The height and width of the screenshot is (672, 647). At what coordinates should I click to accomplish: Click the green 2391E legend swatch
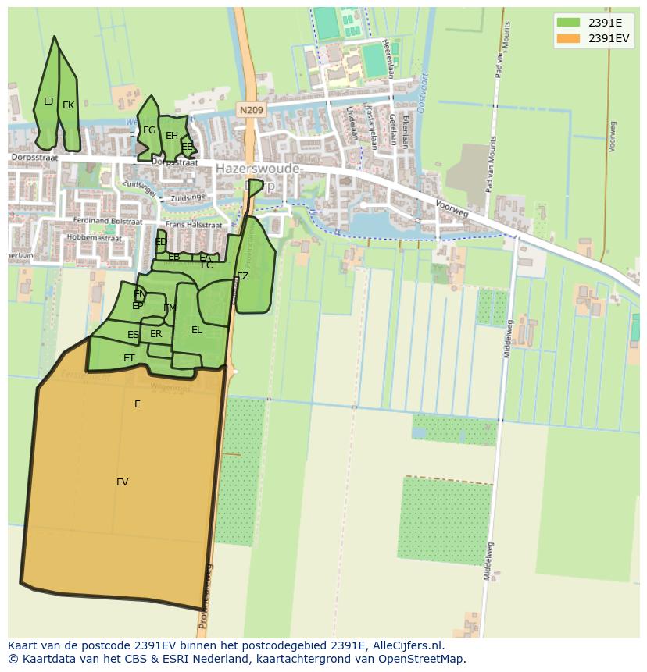click(x=569, y=23)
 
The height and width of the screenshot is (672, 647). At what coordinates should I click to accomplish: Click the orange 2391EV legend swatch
click(x=569, y=38)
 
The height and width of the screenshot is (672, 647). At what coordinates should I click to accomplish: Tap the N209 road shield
click(x=251, y=111)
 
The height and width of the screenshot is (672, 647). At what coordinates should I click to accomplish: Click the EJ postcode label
click(x=48, y=101)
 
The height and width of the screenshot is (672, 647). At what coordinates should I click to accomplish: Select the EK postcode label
click(x=68, y=105)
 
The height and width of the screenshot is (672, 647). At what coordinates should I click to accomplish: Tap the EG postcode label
click(x=148, y=130)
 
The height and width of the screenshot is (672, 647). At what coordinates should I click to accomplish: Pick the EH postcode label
click(x=171, y=136)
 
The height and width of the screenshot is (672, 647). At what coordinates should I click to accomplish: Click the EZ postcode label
click(x=242, y=276)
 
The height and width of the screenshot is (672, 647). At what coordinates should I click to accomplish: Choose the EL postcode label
click(x=197, y=330)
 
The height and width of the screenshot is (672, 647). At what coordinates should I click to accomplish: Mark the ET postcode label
click(x=129, y=358)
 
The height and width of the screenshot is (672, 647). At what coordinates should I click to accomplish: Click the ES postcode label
click(x=133, y=335)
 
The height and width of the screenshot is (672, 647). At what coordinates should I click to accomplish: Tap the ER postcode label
click(x=155, y=334)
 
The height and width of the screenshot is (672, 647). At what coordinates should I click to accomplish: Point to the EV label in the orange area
click(x=122, y=482)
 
